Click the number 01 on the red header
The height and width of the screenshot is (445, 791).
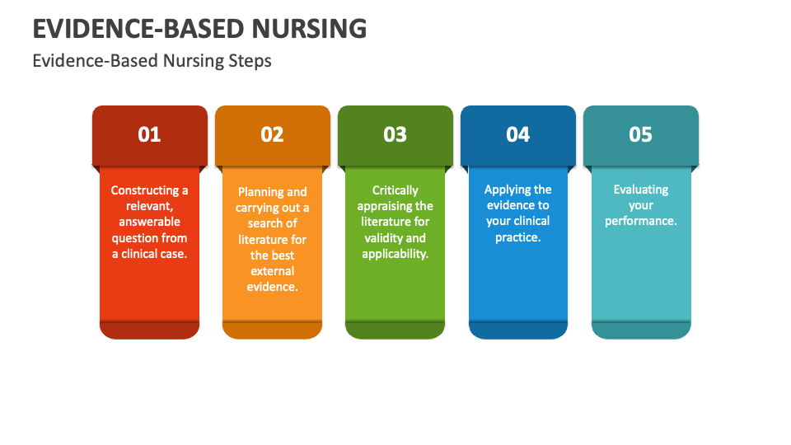[149, 134]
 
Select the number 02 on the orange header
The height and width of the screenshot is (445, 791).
[272, 134]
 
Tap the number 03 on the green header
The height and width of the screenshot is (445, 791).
[395, 134]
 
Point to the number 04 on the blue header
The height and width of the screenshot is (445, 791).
[517, 134]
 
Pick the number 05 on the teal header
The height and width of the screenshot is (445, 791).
[640, 134]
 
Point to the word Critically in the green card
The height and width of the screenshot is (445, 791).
[395, 190]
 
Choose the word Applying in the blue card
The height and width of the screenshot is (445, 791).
[507, 190]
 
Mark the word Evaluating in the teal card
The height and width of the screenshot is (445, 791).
[640, 190]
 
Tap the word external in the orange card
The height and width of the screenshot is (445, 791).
[272, 271]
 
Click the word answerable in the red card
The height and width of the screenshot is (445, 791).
[149, 222]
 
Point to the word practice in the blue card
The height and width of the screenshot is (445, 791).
[517, 237]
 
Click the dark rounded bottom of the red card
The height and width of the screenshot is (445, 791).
[149, 330]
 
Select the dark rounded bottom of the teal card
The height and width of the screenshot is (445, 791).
[640, 330]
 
